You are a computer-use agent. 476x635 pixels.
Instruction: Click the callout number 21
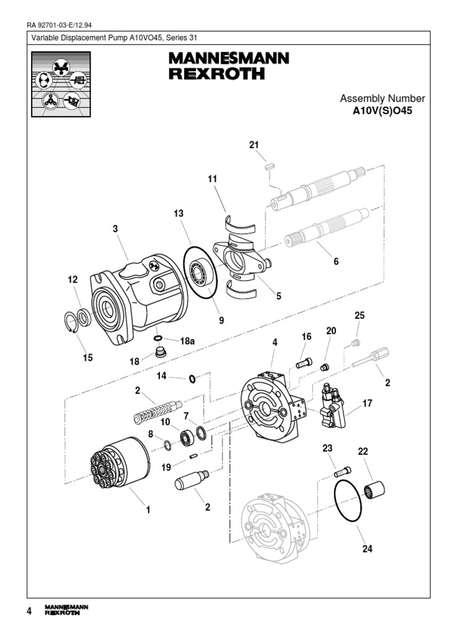coord(253,145)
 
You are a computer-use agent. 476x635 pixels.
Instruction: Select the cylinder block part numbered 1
coord(118,466)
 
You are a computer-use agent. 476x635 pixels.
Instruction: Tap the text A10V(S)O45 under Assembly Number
coord(382,112)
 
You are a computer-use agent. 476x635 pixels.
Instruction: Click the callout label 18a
coord(187,341)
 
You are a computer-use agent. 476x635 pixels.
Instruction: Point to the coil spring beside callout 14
coord(158,411)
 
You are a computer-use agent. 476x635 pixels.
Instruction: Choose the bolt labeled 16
coord(304,363)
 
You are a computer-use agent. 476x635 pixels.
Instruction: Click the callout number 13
coord(178,213)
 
